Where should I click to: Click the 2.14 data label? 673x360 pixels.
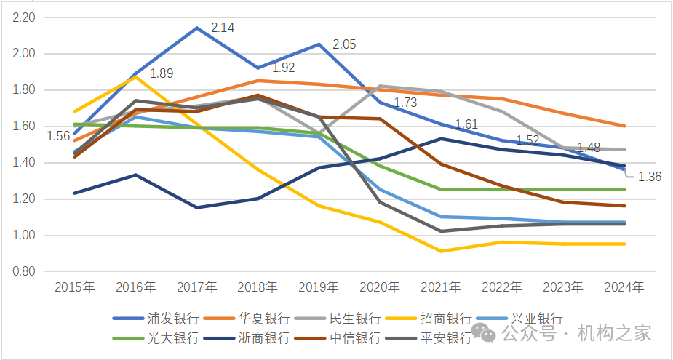[x=223, y=28]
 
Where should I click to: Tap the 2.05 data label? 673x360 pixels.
[x=344, y=44]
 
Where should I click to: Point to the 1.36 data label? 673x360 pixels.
[x=649, y=176]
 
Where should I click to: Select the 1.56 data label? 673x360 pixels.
[x=58, y=136]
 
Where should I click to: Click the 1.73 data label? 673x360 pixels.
[x=405, y=103]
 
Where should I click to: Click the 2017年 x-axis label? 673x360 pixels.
[x=196, y=287]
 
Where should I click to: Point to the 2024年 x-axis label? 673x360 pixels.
[x=624, y=287]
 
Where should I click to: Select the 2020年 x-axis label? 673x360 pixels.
[x=380, y=287]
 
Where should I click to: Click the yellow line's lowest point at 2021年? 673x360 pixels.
[x=441, y=252]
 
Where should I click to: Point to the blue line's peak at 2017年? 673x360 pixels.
[x=196, y=28]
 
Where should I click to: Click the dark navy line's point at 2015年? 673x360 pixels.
[x=75, y=193]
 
